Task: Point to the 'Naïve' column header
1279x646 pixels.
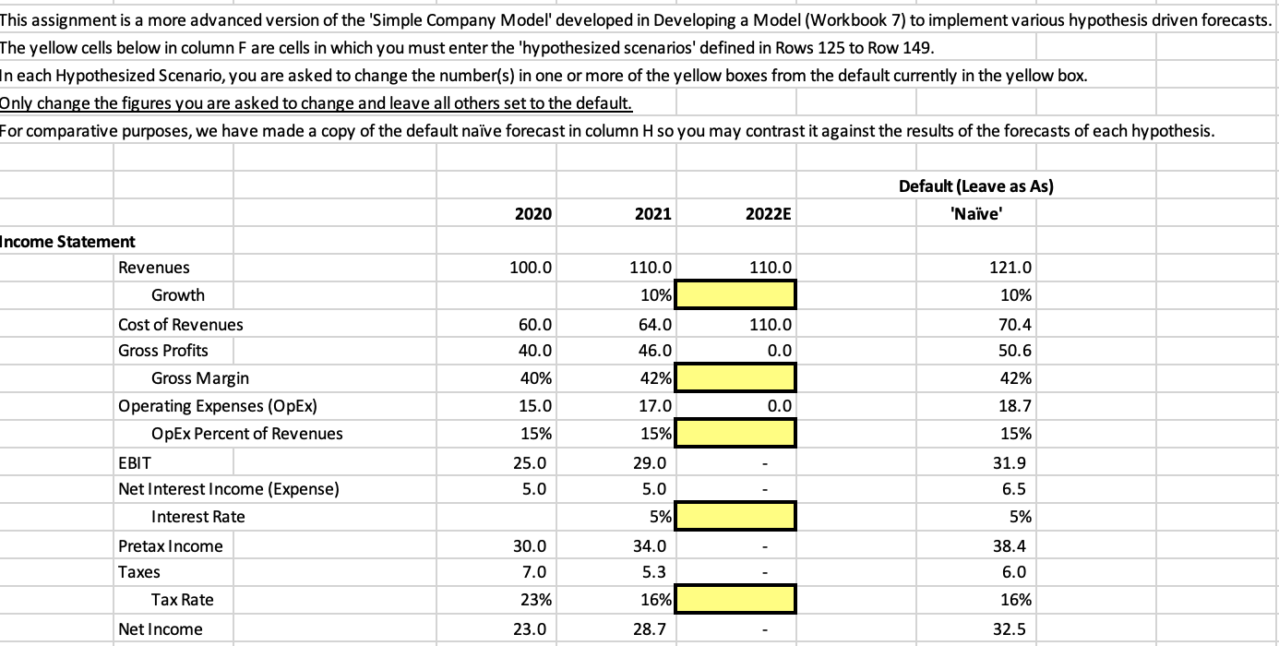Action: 975,213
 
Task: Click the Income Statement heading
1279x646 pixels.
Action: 67,242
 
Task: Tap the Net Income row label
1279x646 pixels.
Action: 148,629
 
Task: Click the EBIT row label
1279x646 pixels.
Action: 134,461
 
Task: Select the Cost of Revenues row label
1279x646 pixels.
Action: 181,324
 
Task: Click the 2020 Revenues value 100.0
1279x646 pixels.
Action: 532,268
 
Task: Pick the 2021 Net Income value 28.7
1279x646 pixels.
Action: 652,629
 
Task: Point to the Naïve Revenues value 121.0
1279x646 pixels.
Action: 1013,268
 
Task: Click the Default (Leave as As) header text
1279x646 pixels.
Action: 975,186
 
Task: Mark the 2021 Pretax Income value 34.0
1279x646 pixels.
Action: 652,546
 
